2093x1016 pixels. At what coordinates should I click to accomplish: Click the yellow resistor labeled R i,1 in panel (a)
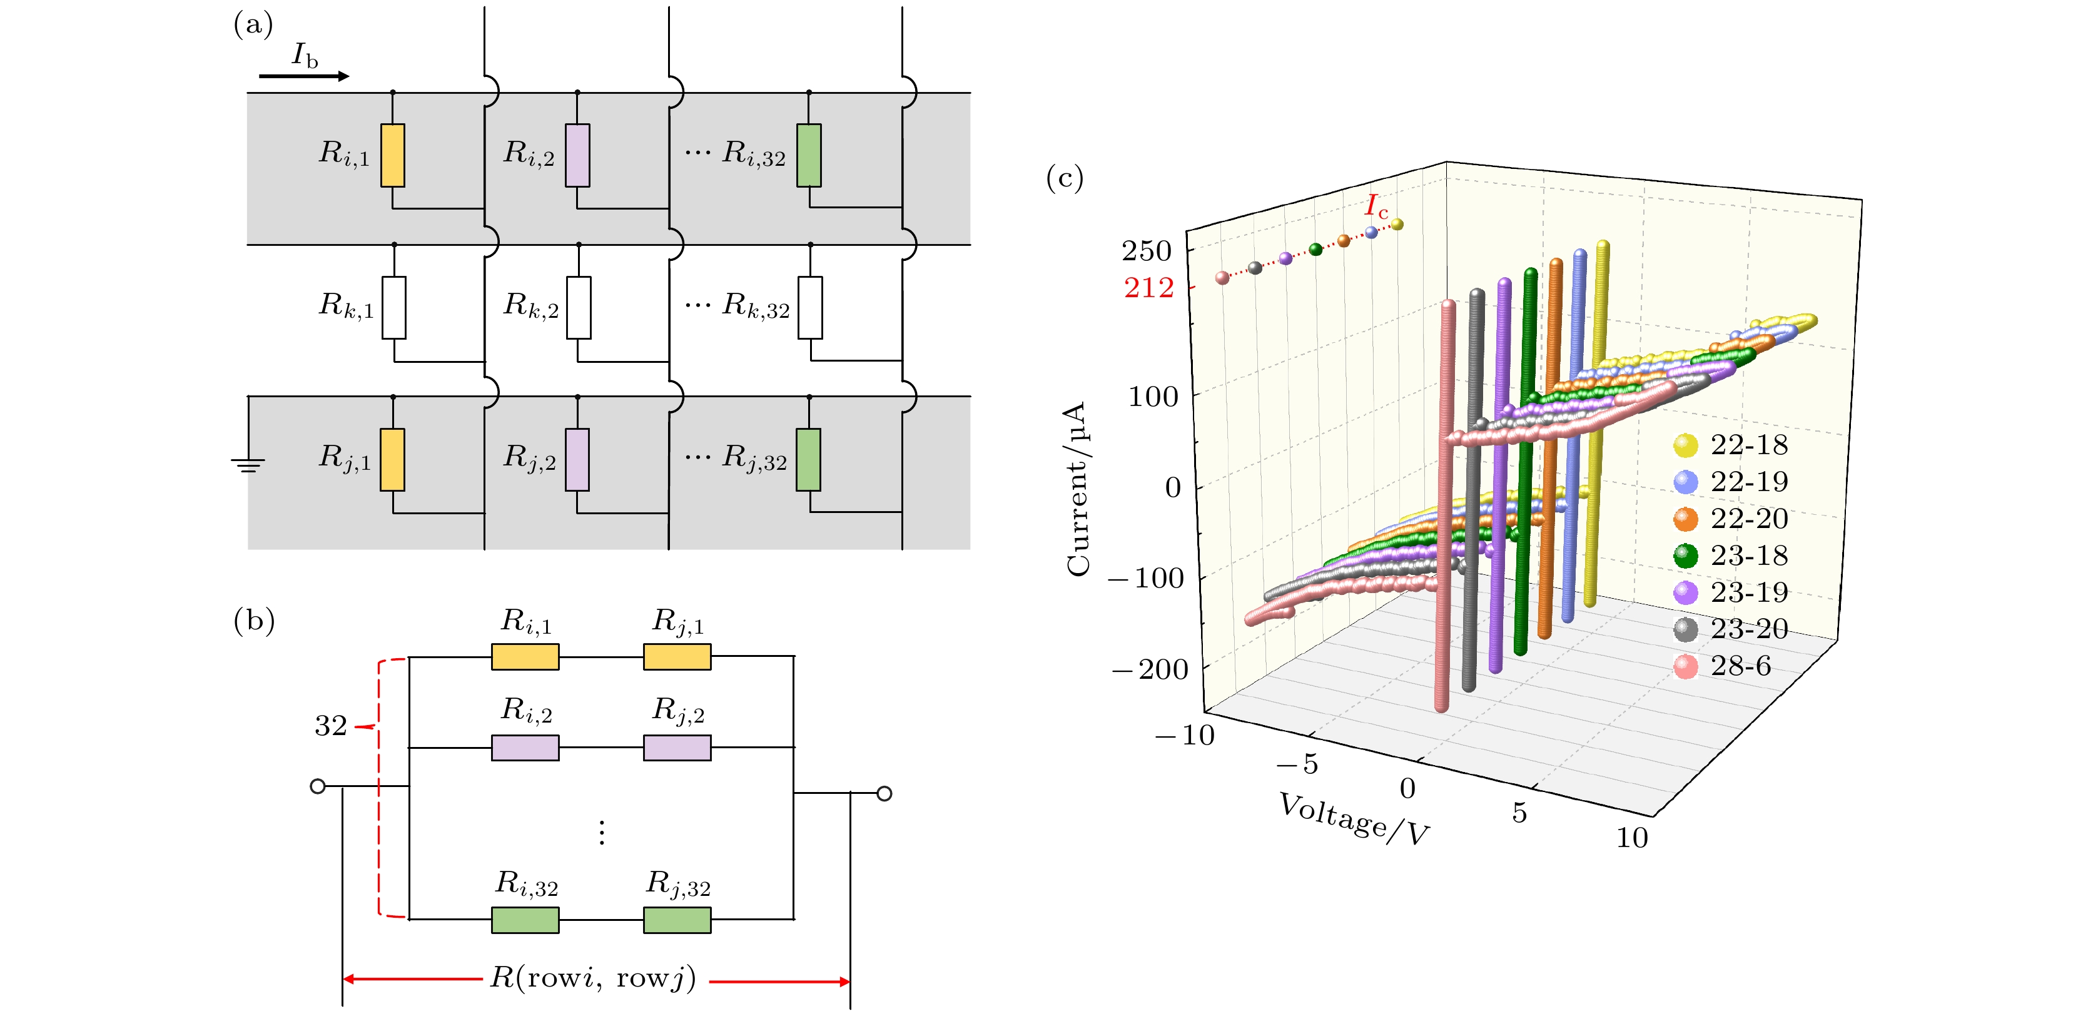(392, 155)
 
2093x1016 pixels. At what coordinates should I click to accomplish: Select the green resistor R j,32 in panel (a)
(808, 460)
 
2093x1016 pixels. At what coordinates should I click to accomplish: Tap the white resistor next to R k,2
(579, 307)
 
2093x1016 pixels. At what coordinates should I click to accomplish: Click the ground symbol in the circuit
(248, 464)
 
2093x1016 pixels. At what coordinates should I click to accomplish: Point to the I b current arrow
(304, 76)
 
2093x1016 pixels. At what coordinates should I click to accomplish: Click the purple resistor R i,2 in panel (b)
(525, 748)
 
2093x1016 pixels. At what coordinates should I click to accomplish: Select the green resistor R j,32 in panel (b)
(677, 920)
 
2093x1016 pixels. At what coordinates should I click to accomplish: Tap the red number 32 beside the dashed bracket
(331, 726)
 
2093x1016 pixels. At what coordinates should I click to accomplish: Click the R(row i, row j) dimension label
(593, 978)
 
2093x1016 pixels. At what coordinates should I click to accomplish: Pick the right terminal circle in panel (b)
(885, 793)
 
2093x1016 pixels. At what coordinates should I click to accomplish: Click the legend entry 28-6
(1740, 666)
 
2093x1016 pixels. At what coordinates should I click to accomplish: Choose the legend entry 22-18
(1748, 445)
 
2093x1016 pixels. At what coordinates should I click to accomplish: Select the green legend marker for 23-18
(1686, 556)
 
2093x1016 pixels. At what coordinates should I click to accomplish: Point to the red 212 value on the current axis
(1149, 288)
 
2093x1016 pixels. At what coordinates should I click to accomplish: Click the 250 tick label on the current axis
(1147, 251)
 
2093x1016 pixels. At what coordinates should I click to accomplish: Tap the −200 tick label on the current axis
(1150, 670)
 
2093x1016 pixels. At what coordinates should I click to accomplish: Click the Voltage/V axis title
(1354, 820)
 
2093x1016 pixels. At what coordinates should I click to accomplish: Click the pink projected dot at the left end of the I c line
(1222, 278)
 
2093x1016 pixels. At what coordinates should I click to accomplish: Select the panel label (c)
(1065, 178)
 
